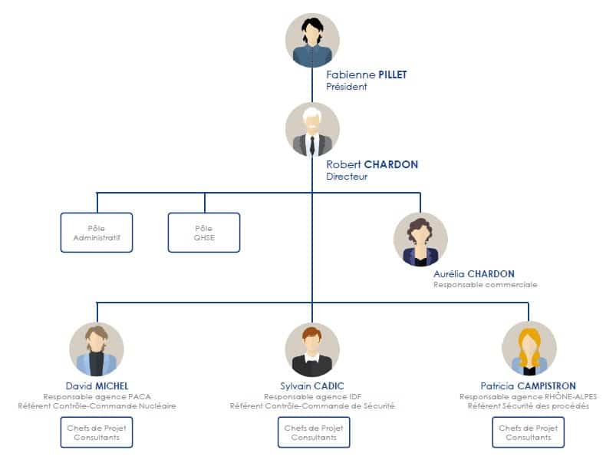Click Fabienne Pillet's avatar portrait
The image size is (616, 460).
312,40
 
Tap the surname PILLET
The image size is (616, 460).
393,74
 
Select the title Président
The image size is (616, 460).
347,87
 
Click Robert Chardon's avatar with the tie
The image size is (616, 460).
312,129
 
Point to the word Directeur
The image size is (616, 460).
347,177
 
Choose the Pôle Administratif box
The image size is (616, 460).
97,233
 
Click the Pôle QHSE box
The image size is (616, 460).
204,233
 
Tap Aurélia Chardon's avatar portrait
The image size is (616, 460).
420,240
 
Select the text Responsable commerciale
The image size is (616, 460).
485,285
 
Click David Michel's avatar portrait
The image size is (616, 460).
97,349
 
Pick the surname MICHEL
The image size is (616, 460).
112,386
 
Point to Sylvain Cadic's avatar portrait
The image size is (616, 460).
312,349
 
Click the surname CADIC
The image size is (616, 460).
328,386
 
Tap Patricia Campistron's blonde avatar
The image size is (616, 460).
529,349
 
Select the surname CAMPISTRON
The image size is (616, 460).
546,386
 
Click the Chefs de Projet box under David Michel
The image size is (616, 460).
97,432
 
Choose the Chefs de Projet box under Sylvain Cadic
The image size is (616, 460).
314,432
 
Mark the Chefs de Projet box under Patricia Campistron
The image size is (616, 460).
529,432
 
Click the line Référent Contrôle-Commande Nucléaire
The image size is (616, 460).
97,406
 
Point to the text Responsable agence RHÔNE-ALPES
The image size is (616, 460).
529,397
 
